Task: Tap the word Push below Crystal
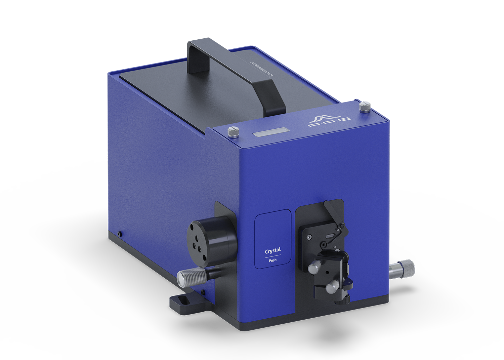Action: point(273,260)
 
